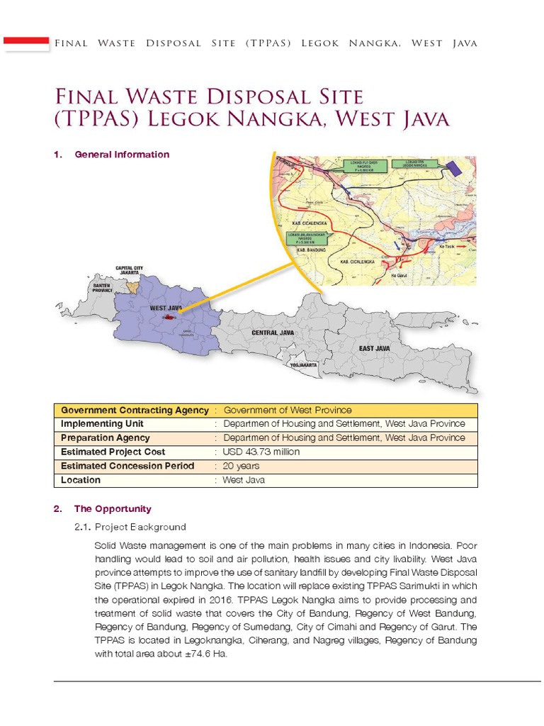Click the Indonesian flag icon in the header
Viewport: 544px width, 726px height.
coord(26,43)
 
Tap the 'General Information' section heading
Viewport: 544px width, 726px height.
coord(121,155)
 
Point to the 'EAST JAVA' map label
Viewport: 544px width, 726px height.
coord(374,349)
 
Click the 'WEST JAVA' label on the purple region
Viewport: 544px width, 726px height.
coord(166,308)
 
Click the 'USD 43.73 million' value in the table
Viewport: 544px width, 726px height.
coord(261,452)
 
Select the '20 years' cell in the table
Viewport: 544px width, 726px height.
coord(241,466)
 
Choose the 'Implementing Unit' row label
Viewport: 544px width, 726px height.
coord(102,424)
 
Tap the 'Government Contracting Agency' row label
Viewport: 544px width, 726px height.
coord(135,410)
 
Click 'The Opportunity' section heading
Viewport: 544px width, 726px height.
coord(113,509)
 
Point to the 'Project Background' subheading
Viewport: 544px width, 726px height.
coord(140,527)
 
